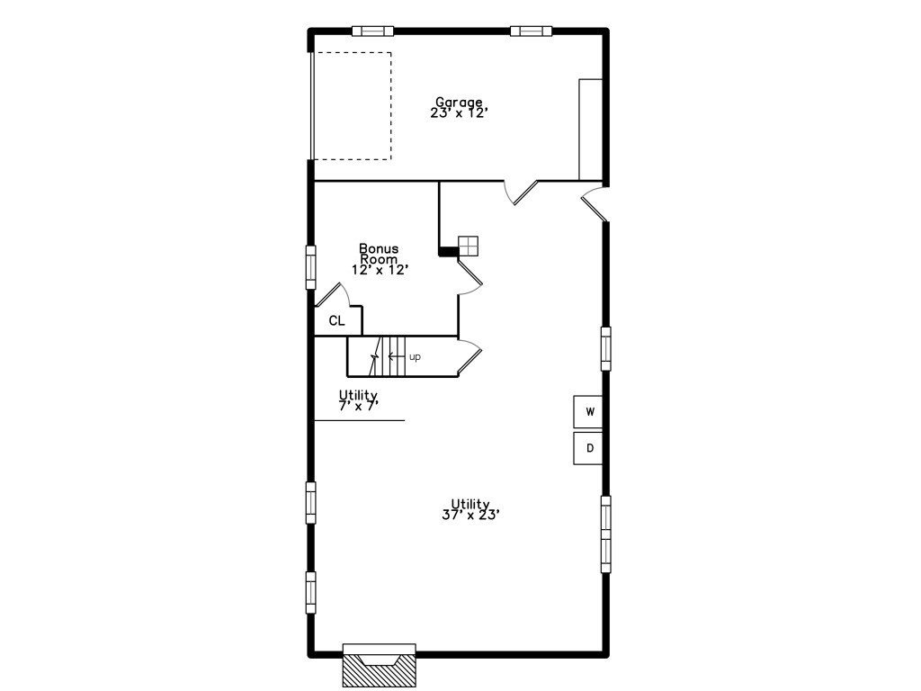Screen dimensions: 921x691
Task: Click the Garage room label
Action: tap(459, 103)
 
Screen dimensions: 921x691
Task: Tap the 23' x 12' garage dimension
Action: tap(460, 113)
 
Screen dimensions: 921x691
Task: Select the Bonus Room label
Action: tap(379, 253)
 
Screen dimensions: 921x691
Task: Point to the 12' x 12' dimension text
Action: tap(380, 270)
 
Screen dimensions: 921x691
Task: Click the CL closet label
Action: tap(336, 321)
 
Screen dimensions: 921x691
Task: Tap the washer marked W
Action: tap(588, 412)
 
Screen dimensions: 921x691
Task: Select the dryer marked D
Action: tap(588, 448)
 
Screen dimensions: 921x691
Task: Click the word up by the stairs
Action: tap(415, 357)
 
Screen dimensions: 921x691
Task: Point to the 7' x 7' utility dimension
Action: tap(358, 406)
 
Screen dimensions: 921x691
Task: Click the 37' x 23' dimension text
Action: tap(470, 515)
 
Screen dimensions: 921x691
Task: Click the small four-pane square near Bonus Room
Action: tap(468, 247)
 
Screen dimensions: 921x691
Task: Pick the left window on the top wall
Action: tap(372, 31)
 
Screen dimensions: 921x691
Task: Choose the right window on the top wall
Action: tap(531, 31)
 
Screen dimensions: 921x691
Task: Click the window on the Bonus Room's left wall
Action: tap(310, 267)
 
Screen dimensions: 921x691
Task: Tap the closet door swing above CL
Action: tap(333, 294)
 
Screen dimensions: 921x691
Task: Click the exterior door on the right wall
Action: tap(595, 204)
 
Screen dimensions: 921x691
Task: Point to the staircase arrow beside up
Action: tap(397, 356)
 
